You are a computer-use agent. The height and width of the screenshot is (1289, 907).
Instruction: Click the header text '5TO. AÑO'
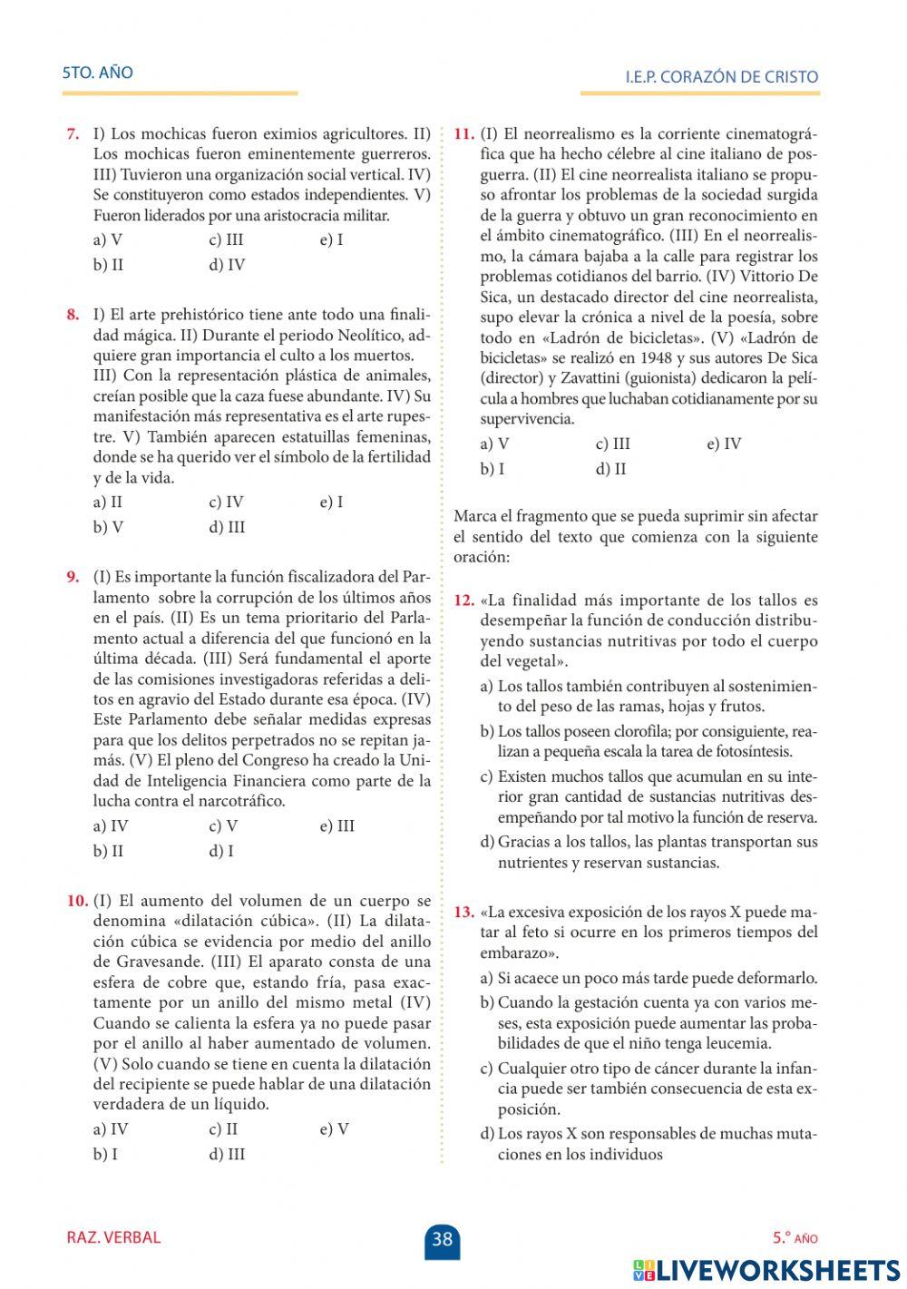click(x=97, y=73)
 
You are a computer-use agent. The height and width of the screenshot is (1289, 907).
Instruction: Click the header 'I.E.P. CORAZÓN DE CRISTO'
click(x=721, y=77)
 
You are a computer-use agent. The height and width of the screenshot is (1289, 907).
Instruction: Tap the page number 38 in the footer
click(x=442, y=1238)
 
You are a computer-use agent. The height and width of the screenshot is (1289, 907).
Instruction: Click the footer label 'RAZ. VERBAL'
click(x=113, y=1237)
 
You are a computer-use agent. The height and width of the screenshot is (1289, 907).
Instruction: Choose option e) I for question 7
click(x=331, y=240)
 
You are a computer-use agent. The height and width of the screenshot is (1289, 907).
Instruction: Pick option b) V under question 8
click(x=108, y=527)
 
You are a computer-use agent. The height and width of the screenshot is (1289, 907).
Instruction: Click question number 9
click(x=73, y=578)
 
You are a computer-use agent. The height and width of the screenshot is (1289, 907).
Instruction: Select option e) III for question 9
click(x=337, y=825)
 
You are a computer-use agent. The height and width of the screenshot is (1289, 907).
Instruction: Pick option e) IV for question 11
click(x=724, y=444)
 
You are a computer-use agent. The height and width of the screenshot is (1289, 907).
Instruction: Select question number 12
click(x=463, y=601)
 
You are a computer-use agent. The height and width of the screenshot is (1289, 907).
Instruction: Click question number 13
click(x=463, y=912)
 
